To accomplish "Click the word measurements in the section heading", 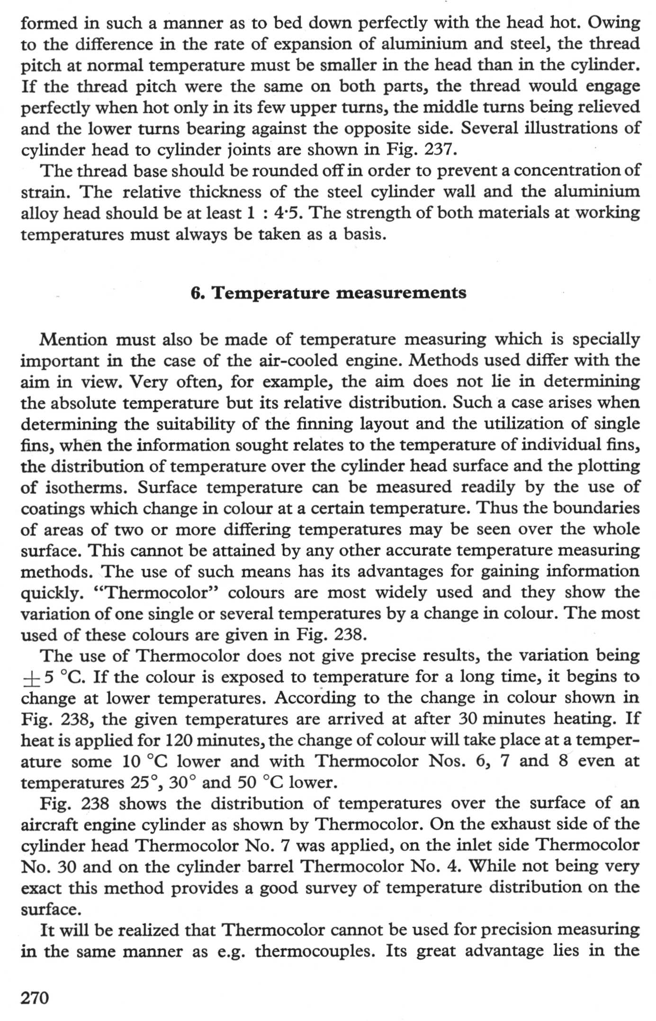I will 401,293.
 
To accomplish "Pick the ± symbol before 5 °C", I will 30,678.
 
